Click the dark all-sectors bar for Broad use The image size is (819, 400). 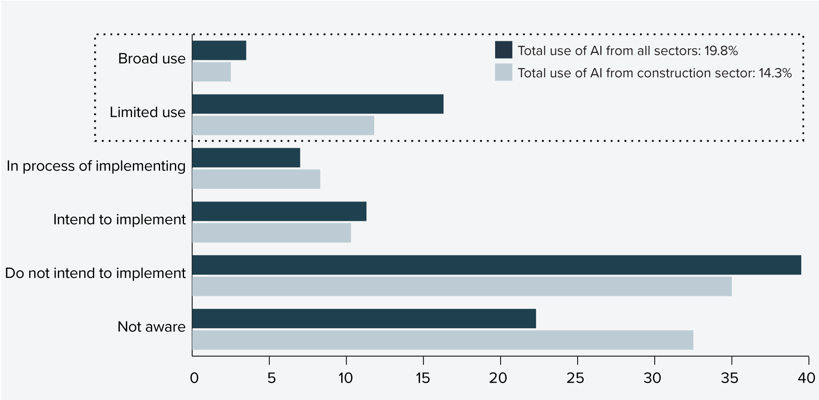(x=219, y=50)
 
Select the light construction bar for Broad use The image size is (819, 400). (x=211, y=72)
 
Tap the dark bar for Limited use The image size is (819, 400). (x=318, y=104)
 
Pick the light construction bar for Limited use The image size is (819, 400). (x=283, y=125)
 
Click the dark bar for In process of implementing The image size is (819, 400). (x=246, y=158)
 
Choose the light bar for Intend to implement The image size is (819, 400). (x=271, y=233)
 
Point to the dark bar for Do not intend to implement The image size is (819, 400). (x=496, y=265)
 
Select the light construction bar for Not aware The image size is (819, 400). (x=442, y=340)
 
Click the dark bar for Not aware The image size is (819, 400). (x=364, y=319)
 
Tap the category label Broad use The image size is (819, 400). (x=151, y=59)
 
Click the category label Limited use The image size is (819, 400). (x=147, y=112)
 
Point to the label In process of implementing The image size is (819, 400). (x=96, y=166)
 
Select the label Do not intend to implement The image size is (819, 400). (x=95, y=273)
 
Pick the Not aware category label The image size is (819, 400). (x=151, y=327)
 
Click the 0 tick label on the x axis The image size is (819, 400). (x=194, y=378)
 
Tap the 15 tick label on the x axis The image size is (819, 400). (x=422, y=378)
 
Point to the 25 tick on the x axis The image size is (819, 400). (x=577, y=378)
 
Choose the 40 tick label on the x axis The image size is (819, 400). (x=806, y=378)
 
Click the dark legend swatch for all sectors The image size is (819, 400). (x=503, y=50)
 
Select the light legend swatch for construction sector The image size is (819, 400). (x=503, y=72)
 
